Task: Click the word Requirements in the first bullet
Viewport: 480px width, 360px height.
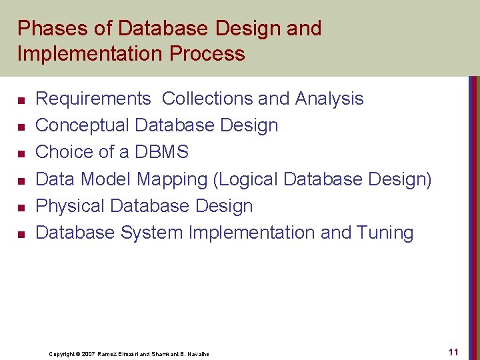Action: click(x=93, y=99)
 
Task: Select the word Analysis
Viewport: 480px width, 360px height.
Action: click(x=329, y=99)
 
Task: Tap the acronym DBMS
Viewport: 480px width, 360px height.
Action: click(x=161, y=152)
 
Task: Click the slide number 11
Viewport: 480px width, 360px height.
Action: click(x=453, y=351)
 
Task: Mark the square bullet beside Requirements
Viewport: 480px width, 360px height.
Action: click(x=21, y=100)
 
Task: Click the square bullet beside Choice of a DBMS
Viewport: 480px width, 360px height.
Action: click(x=21, y=153)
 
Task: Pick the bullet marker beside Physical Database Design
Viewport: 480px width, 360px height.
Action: click(x=21, y=207)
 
